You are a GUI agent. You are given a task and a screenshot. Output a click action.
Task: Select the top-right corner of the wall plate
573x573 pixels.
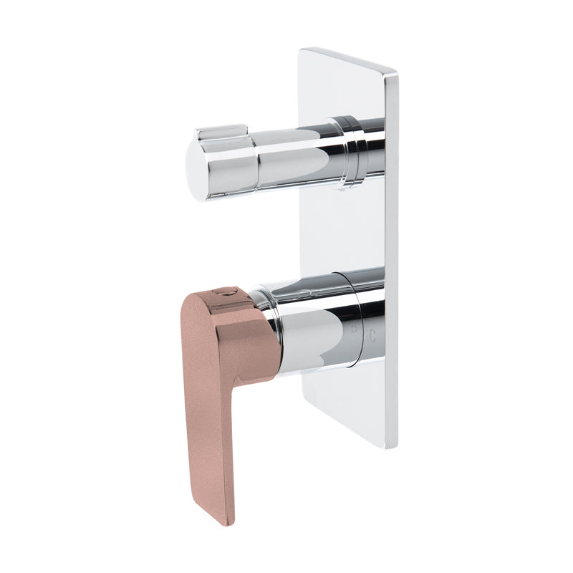pos(395,72)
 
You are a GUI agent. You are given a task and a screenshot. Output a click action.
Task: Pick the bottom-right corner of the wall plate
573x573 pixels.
pos(394,448)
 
